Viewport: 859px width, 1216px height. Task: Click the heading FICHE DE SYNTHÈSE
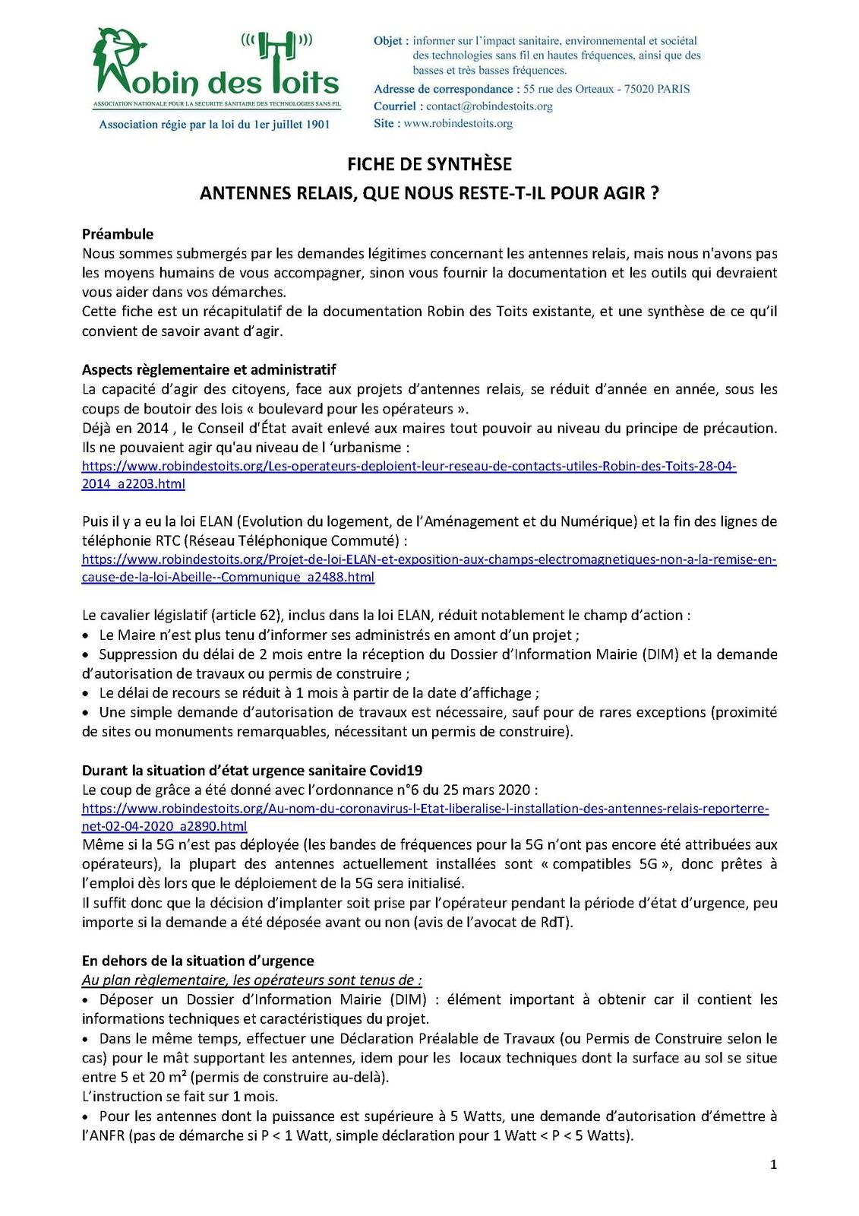coord(429,164)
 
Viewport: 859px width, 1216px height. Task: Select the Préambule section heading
coord(118,234)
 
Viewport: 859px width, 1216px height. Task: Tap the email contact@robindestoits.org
coord(489,106)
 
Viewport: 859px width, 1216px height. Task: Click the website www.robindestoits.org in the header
coord(458,123)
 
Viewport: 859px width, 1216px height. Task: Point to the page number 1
coord(773,1164)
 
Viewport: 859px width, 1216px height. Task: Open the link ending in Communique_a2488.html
coord(228,577)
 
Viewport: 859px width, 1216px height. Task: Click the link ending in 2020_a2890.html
coord(164,826)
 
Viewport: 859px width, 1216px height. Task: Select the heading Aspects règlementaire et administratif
coord(209,370)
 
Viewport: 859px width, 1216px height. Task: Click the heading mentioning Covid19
coord(252,770)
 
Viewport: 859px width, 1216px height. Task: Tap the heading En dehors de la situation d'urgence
coord(198,961)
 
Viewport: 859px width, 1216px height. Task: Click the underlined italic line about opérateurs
coord(252,980)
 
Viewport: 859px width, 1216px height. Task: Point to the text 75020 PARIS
coord(658,89)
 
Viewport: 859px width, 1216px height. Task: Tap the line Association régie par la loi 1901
coord(214,125)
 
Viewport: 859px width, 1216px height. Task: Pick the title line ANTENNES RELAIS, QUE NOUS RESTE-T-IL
coord(429,193)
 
